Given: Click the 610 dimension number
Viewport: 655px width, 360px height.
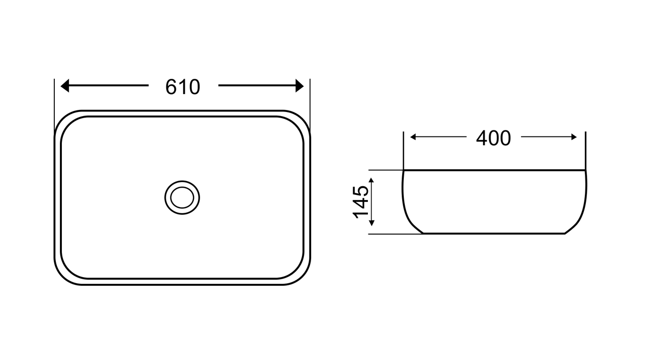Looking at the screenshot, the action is click(x=183, y=87).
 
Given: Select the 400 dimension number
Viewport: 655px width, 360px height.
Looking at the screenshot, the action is click(x=494, y=138).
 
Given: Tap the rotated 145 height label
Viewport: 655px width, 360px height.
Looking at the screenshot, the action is click(x=361, y=202).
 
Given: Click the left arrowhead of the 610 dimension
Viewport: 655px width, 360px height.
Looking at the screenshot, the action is click(x=64, y=85).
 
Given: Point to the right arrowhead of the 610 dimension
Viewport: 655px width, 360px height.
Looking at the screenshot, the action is click(x=300, y=85).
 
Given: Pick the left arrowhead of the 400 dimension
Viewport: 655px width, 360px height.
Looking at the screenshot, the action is click(x=413, y=137).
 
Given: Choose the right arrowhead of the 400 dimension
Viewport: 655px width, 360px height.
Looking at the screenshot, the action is click(x=574, y=137).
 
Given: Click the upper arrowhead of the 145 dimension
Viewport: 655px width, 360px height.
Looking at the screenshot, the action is click(x=372, y=181).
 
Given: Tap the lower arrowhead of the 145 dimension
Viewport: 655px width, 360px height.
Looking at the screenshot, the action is click(x=372, y=223).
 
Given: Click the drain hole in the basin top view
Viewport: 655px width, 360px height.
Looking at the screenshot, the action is click(x=182, y=197).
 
